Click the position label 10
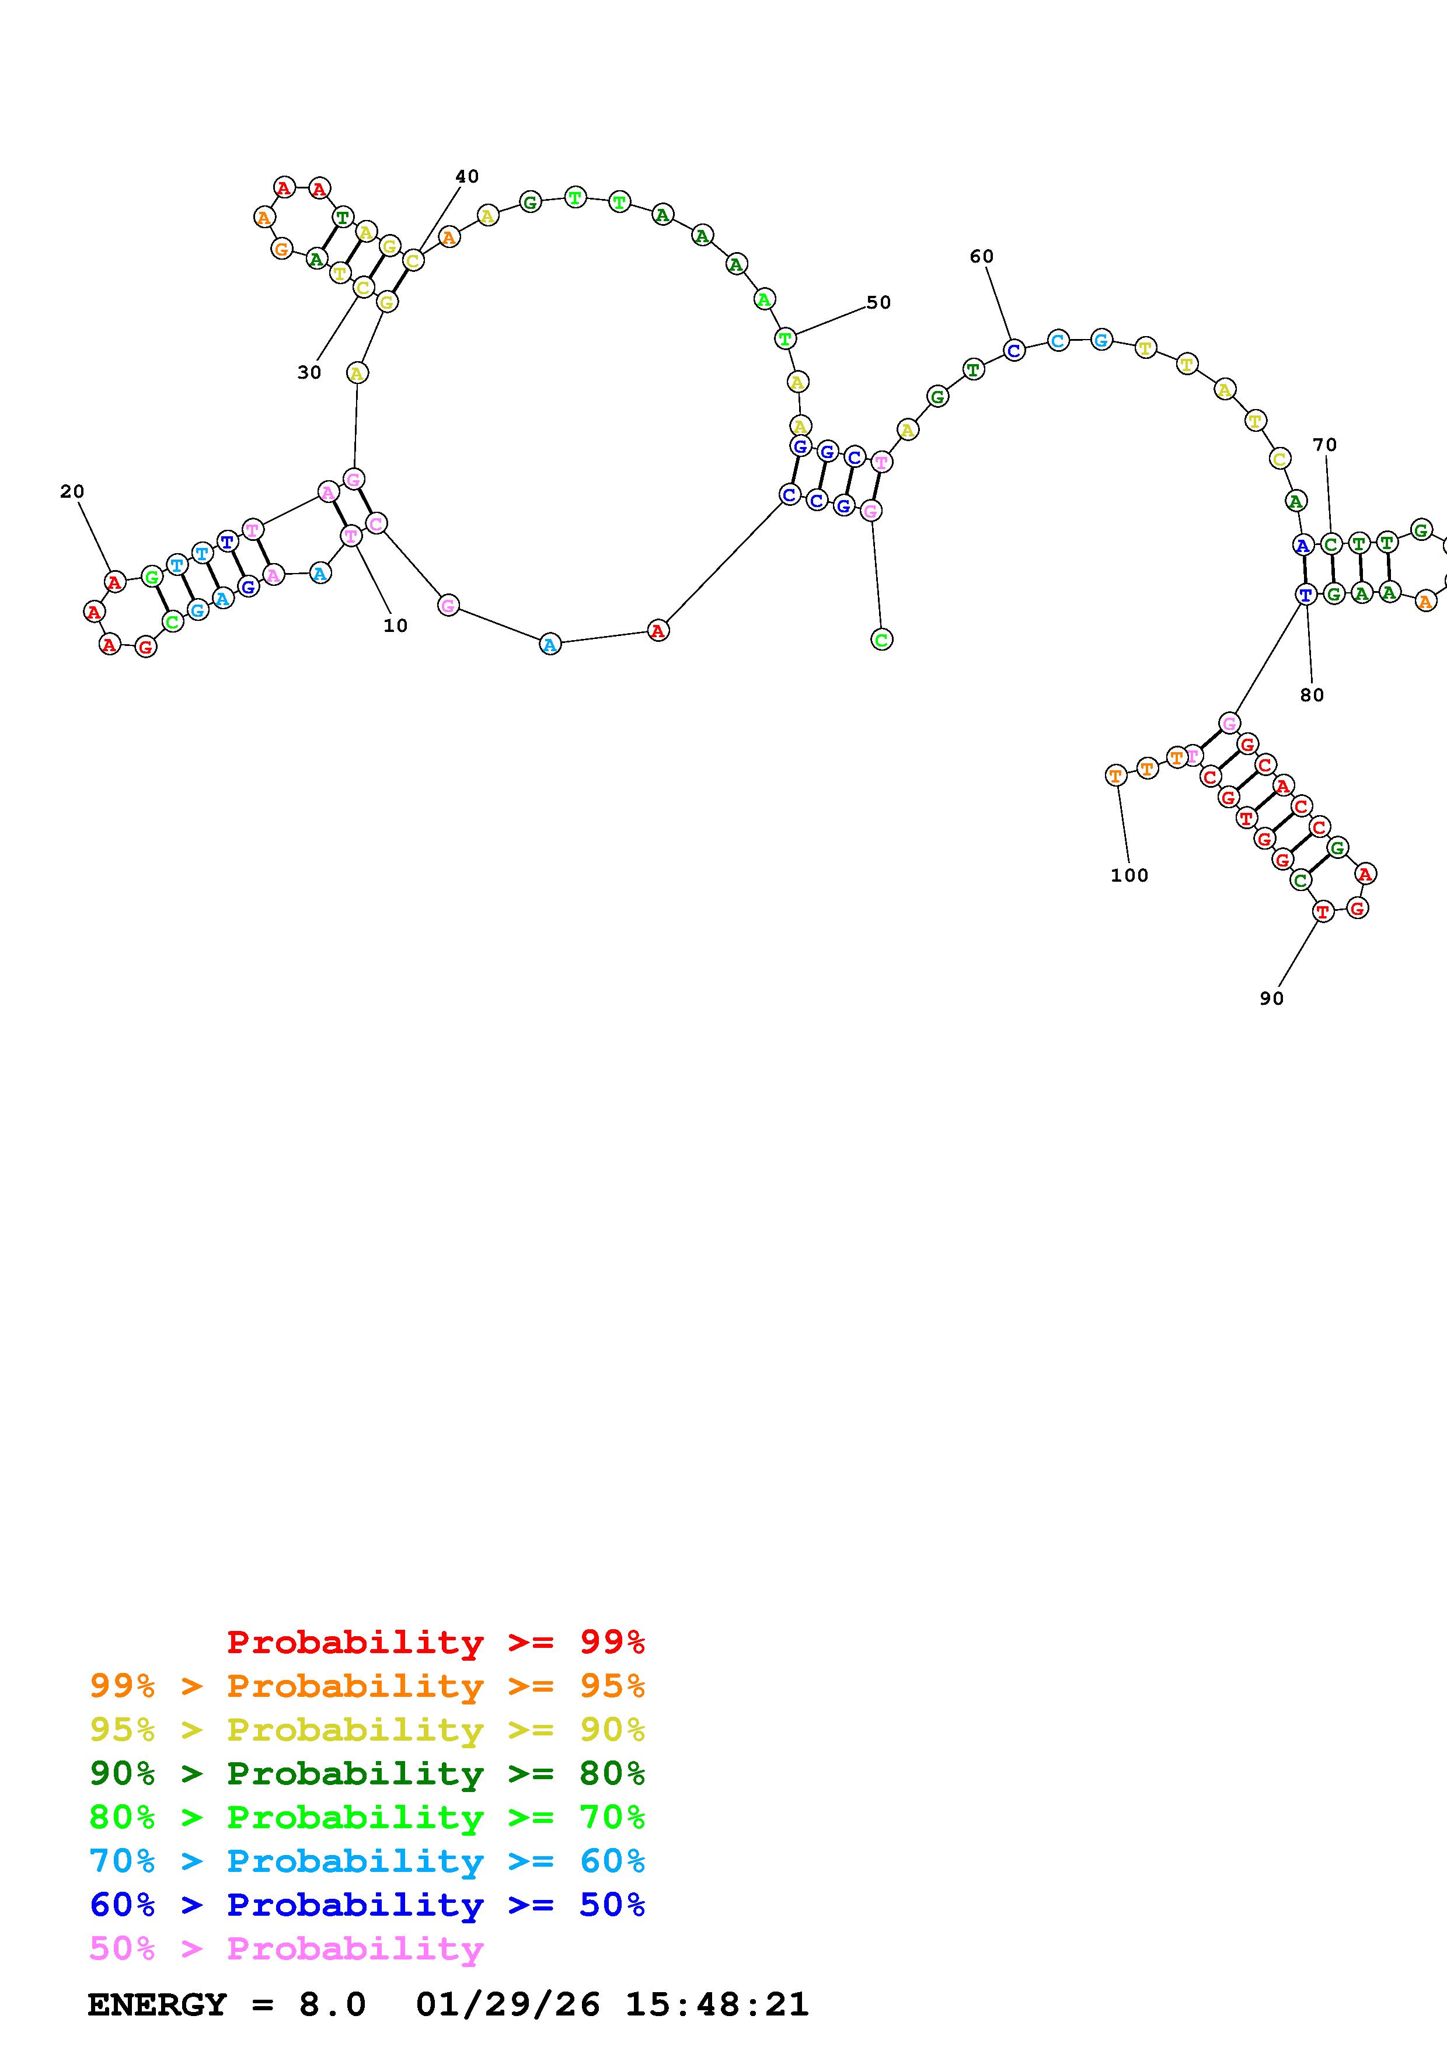[x=395, y=626]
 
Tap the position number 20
[x=72, y=491]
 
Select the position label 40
[x=467, y=177]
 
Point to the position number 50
[x=879, y=302]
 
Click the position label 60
[x=982, y=257]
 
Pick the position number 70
[x=1325, y=445]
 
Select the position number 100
[x=1129, y=875]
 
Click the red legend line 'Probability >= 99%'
[x=436, y=1642]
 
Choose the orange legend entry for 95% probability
[x=367, y=1686]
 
